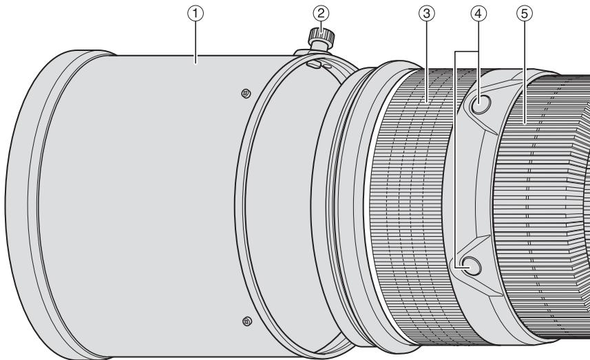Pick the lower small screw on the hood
[x=247, y=321]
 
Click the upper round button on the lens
[x=480, y=103]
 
